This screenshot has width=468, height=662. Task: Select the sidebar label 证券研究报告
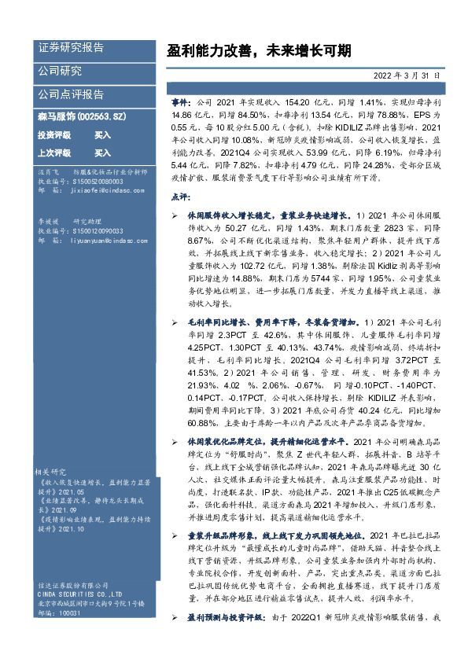(70, 48)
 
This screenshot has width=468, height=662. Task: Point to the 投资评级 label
(54, 135)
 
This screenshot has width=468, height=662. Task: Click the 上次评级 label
(54, 153)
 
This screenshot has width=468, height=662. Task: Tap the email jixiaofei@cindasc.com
(105, 190)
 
